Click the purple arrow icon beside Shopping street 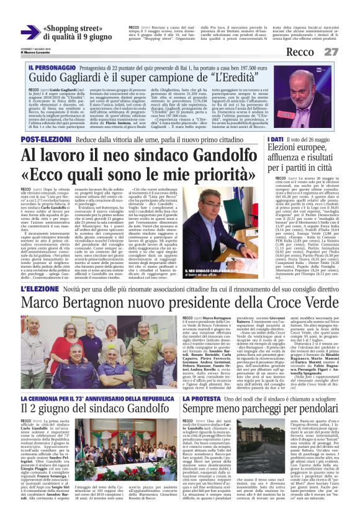tap(29, 32)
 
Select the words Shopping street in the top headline tap(73, 29)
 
